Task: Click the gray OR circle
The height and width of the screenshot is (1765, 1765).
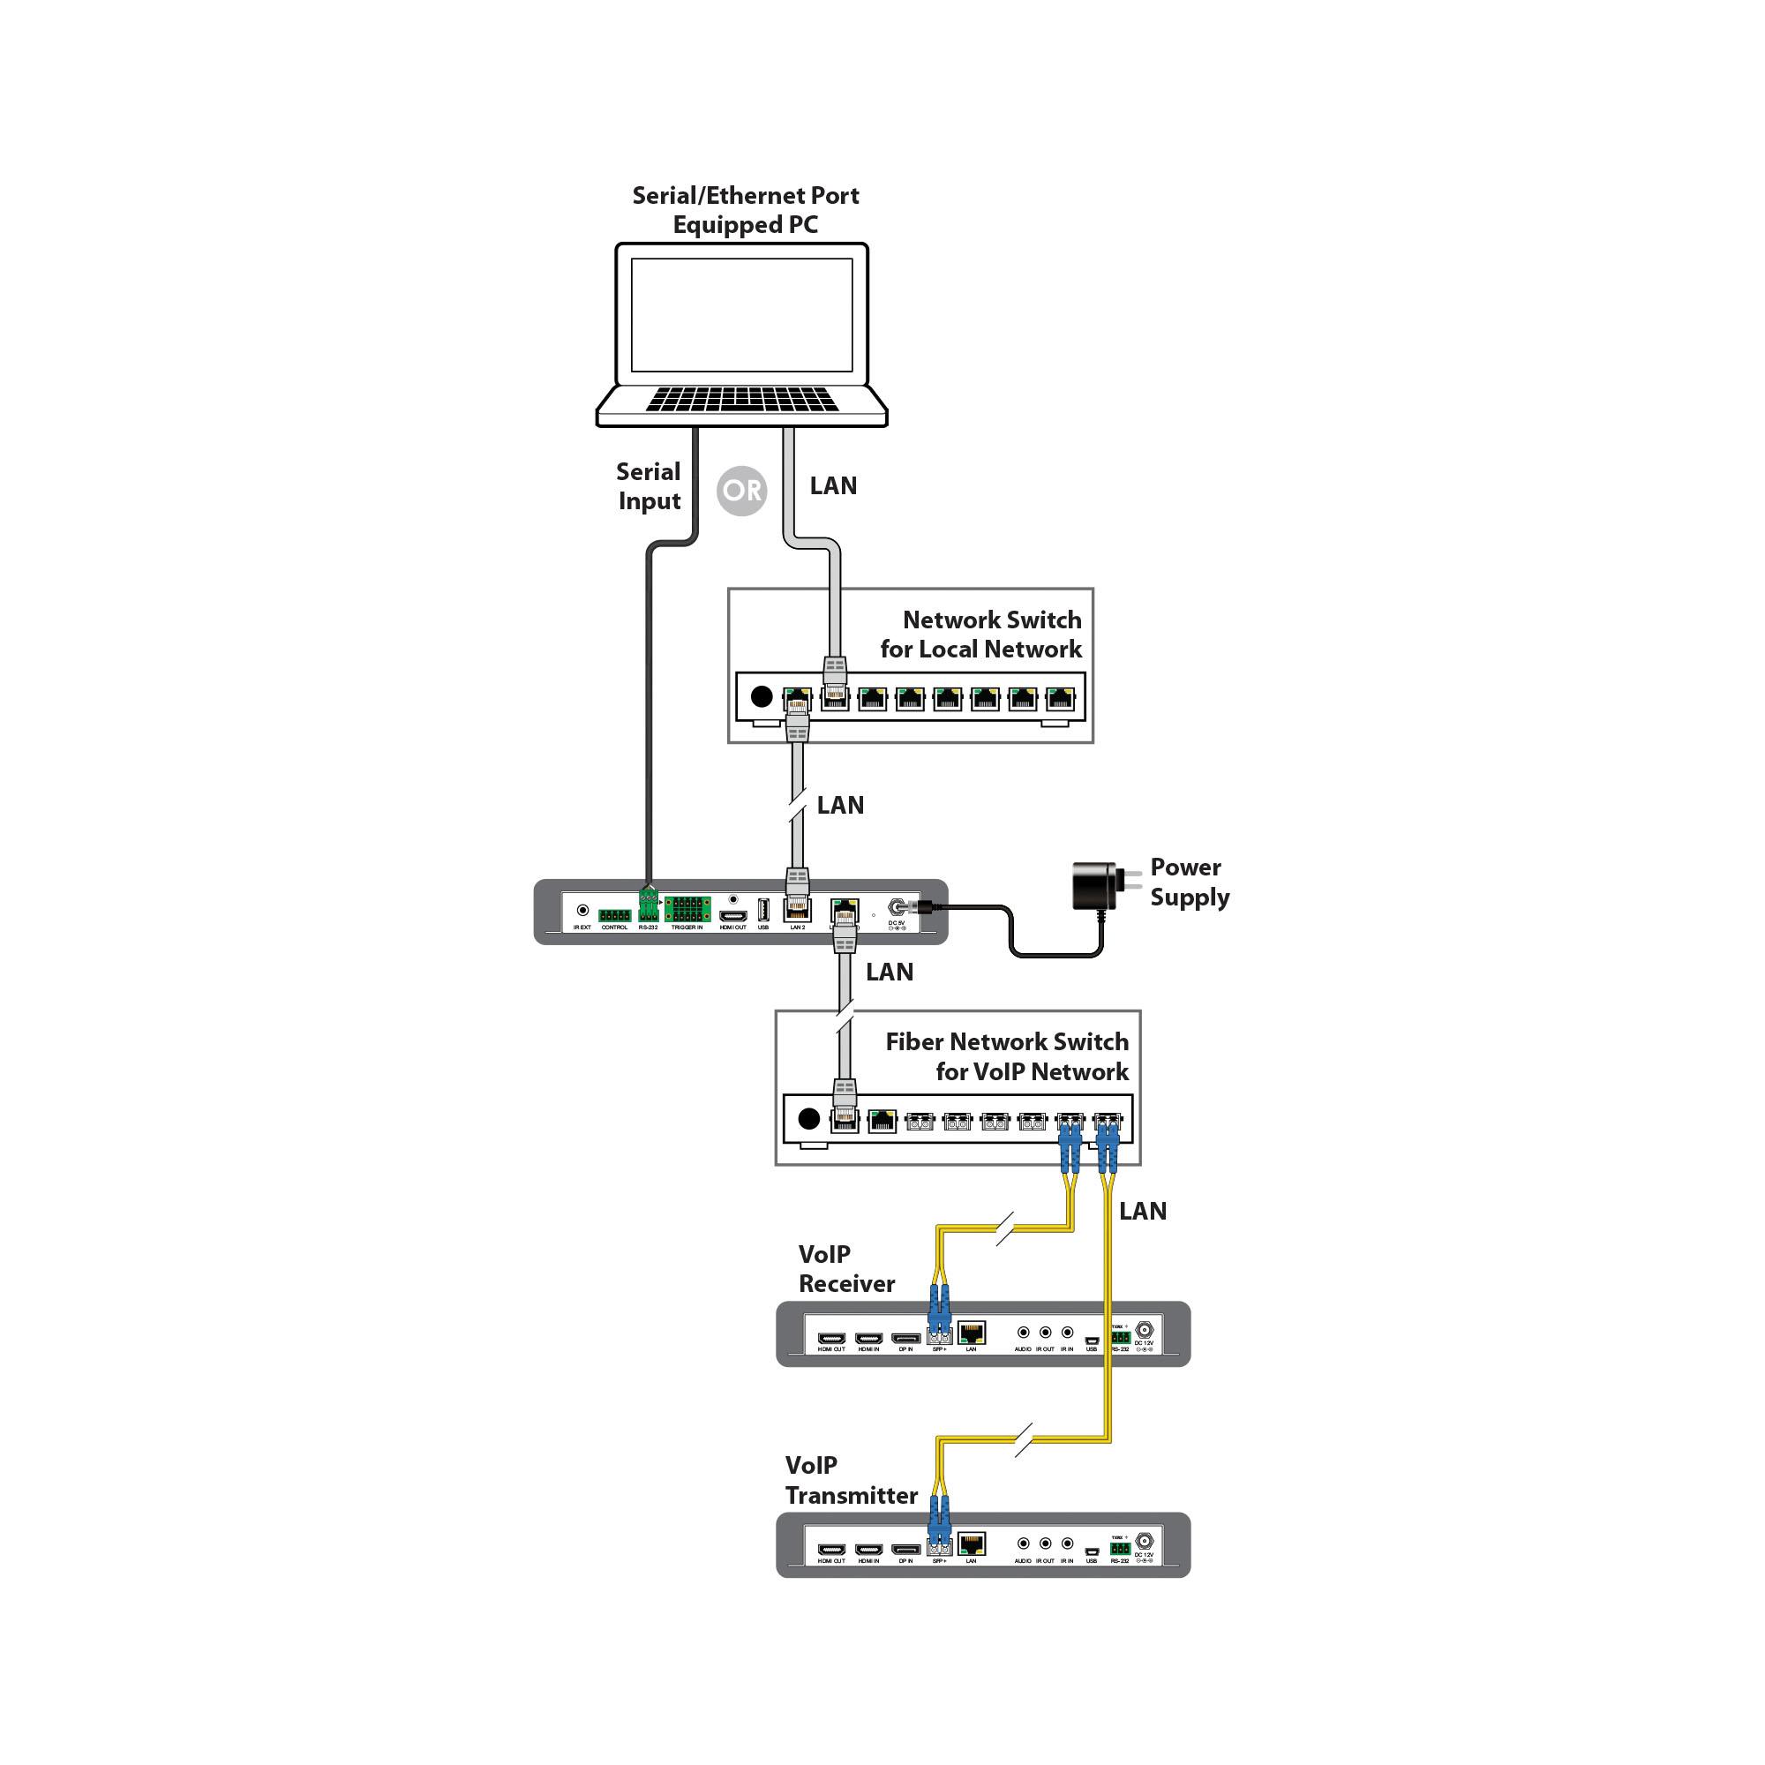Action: (x=741, y=491)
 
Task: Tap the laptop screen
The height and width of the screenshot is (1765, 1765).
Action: (x=741, y=313)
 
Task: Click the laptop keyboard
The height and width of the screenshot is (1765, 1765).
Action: (x=741, y=399)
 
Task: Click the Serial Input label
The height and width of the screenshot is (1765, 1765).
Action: (x=649, y=486)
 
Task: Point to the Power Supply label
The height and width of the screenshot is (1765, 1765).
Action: (x=1189, y=882)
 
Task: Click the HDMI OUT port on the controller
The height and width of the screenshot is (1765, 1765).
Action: (x=732, y=915)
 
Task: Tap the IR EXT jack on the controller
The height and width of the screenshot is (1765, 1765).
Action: (x=582, y=910)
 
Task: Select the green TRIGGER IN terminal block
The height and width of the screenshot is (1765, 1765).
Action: (x=687, y=910)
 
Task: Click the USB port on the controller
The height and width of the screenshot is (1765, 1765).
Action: (x=763, y=910)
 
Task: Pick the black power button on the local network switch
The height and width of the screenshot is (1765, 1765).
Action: (x=761, y=697)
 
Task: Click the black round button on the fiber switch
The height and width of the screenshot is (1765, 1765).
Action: (x=808, y=1118)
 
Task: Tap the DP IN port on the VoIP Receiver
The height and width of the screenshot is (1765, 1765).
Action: (x=905, y=1339)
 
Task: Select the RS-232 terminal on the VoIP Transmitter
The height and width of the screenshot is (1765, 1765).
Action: (x=1120, y=1549)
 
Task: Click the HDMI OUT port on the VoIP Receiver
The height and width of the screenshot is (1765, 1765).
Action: (x=831, y=1339)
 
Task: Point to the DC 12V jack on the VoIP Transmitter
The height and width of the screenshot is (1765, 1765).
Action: (x=1144, y=1541)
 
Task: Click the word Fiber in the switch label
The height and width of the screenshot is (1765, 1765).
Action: (x=914, y=1041)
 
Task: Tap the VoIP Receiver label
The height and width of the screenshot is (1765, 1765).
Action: (x=846, y=1269)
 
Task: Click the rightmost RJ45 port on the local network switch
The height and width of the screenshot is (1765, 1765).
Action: (x=1060, y=699)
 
